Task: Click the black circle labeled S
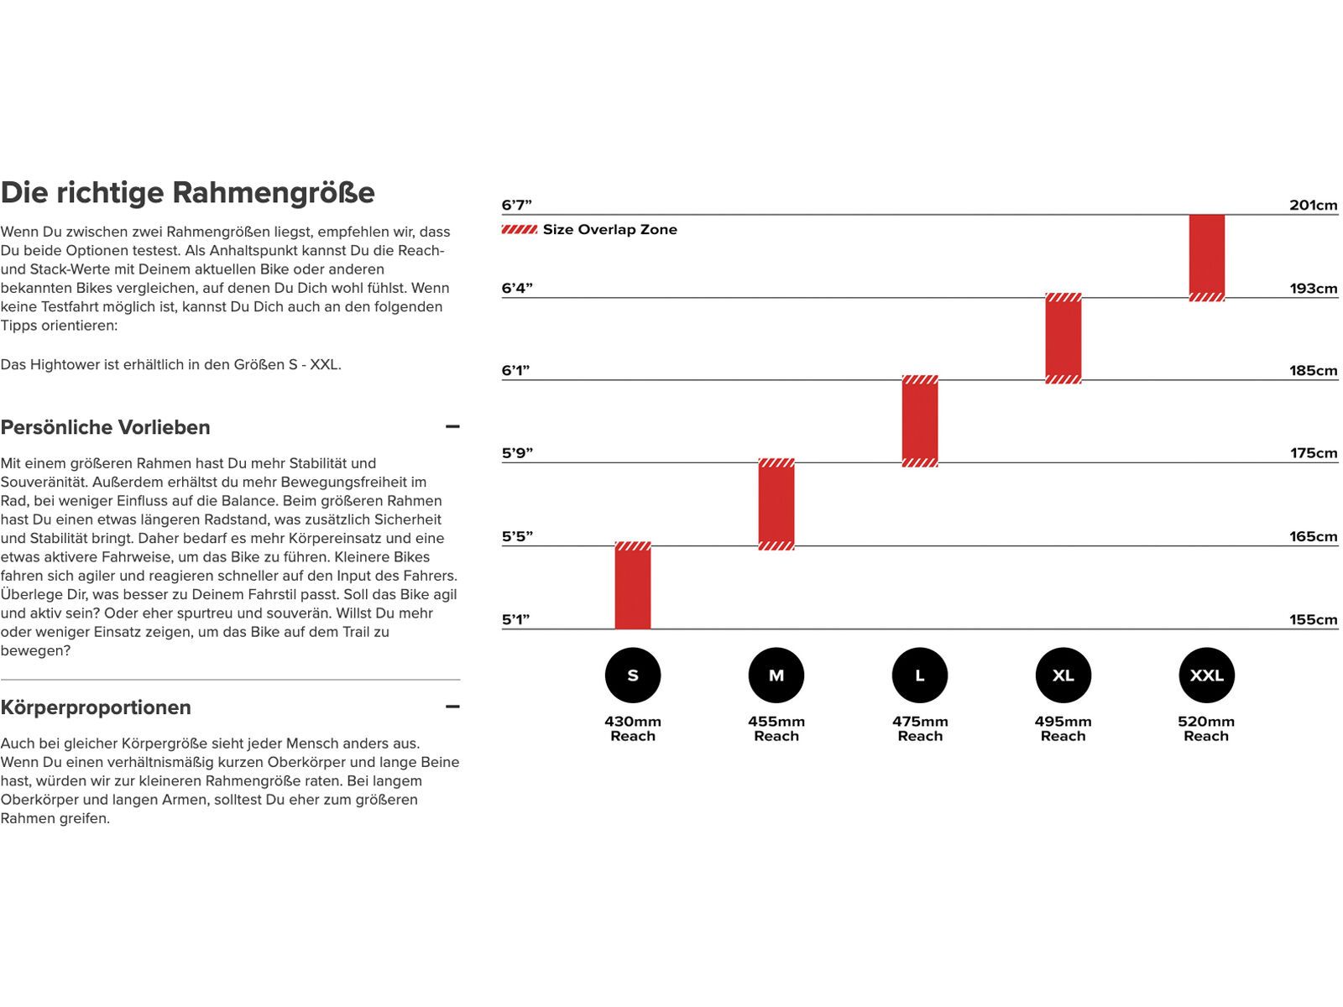click(x=633, y=676)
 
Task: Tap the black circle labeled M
click(x=776, y=676)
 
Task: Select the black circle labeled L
click(x=920, y=676)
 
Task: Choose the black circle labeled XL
click(x=1063, y=676)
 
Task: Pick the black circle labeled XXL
click(x=1207, y=676)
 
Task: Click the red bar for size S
click(x=633, y=587)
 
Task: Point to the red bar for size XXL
click(x=1207, y=256)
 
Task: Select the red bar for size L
click(x=920, y=421)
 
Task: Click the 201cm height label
click(x=1314, y=206)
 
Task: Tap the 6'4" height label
click(x=517, y=289)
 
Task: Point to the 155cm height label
click(x=1314, y=620)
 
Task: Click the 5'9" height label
click(x=517, y=454)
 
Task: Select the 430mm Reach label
click(x=633, y=728)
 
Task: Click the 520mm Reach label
click(x=1206, y=728)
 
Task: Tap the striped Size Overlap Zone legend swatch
click(x=520, y=230)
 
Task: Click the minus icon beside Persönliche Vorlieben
click(x=452, y=427)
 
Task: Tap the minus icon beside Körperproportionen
click(x=452, y=707)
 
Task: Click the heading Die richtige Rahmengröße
click(x=188, y=193)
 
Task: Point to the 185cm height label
click(x=1314, y=371)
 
